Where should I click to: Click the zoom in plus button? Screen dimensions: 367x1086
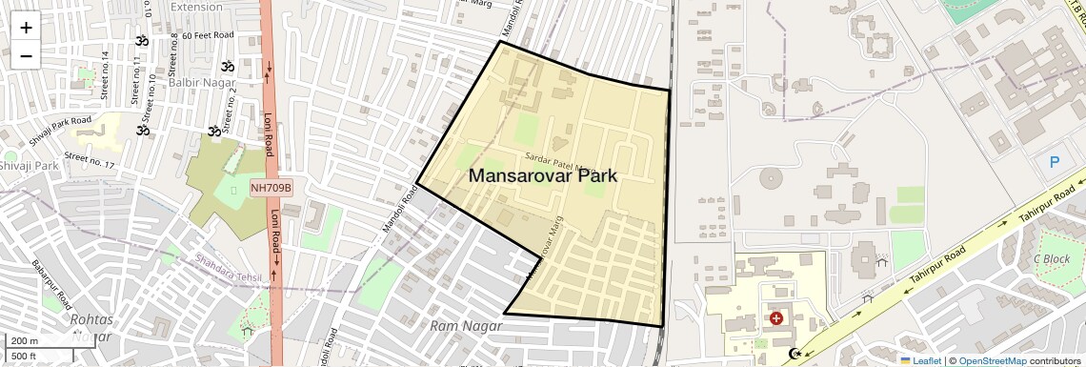tap(26, 27)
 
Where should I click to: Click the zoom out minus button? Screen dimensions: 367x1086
tap(26, 55)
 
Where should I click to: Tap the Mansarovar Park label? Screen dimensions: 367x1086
tap(543, 176)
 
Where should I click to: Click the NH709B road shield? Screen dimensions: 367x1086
tap(271, 189)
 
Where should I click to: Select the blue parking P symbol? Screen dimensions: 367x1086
tap(1055, 162)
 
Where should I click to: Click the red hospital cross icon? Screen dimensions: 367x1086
tap(776, 317)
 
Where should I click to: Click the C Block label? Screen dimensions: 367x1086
tap(1052, 258)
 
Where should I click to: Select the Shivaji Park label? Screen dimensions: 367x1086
tap(30, 166)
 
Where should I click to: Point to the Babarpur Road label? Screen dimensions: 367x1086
tap(53, 277)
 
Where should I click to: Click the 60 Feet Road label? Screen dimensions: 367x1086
tap(208, 35)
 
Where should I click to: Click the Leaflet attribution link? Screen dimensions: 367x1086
tap(920, 360)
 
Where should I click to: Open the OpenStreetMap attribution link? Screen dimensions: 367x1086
tap(992, 360)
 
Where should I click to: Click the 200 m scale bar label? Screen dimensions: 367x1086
tap(25, 341)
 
